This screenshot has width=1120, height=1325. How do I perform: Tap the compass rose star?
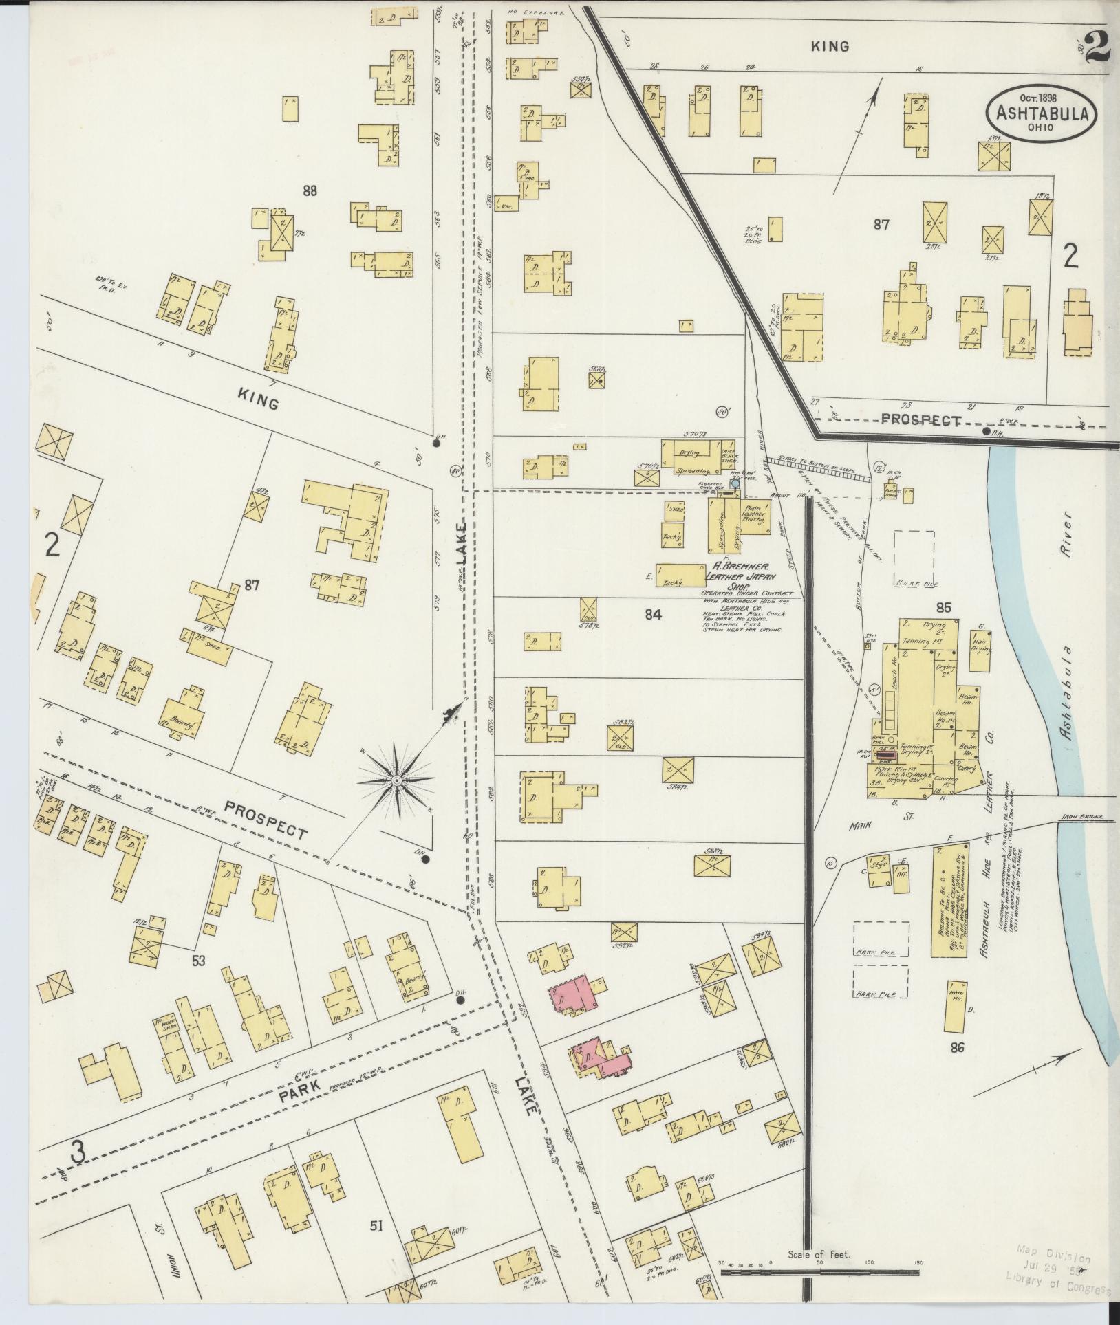[x=397, y=782]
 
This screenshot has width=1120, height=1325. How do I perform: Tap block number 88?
[x=310, y=191]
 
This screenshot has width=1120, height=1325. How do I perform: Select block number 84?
[x=653, y=615]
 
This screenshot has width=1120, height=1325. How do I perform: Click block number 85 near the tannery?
[x=943, y=608]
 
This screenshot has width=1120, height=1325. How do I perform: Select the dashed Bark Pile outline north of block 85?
[x=914, y=557]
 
